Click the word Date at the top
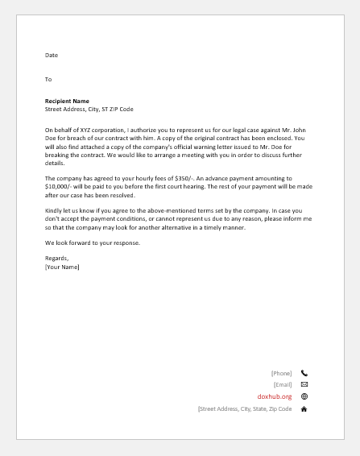click(x=52, y=55)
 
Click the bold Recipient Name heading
click(x=67, y=102)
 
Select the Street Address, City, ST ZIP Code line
click(x=89, y=109)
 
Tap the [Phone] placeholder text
click(x=281, y=373)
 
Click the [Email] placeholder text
click(x=283, y=385)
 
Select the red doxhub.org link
click(x=275, y=396)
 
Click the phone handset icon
click(x=304, y=373)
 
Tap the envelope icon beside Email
click(x=304, y=385)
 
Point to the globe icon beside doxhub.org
click(x=304, y=396)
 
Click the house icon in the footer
click(x=304, y=409)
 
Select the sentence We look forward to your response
click(x=93, y=243)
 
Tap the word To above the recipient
click(x=48, y=79)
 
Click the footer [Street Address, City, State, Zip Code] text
click(x=244, y=409)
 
